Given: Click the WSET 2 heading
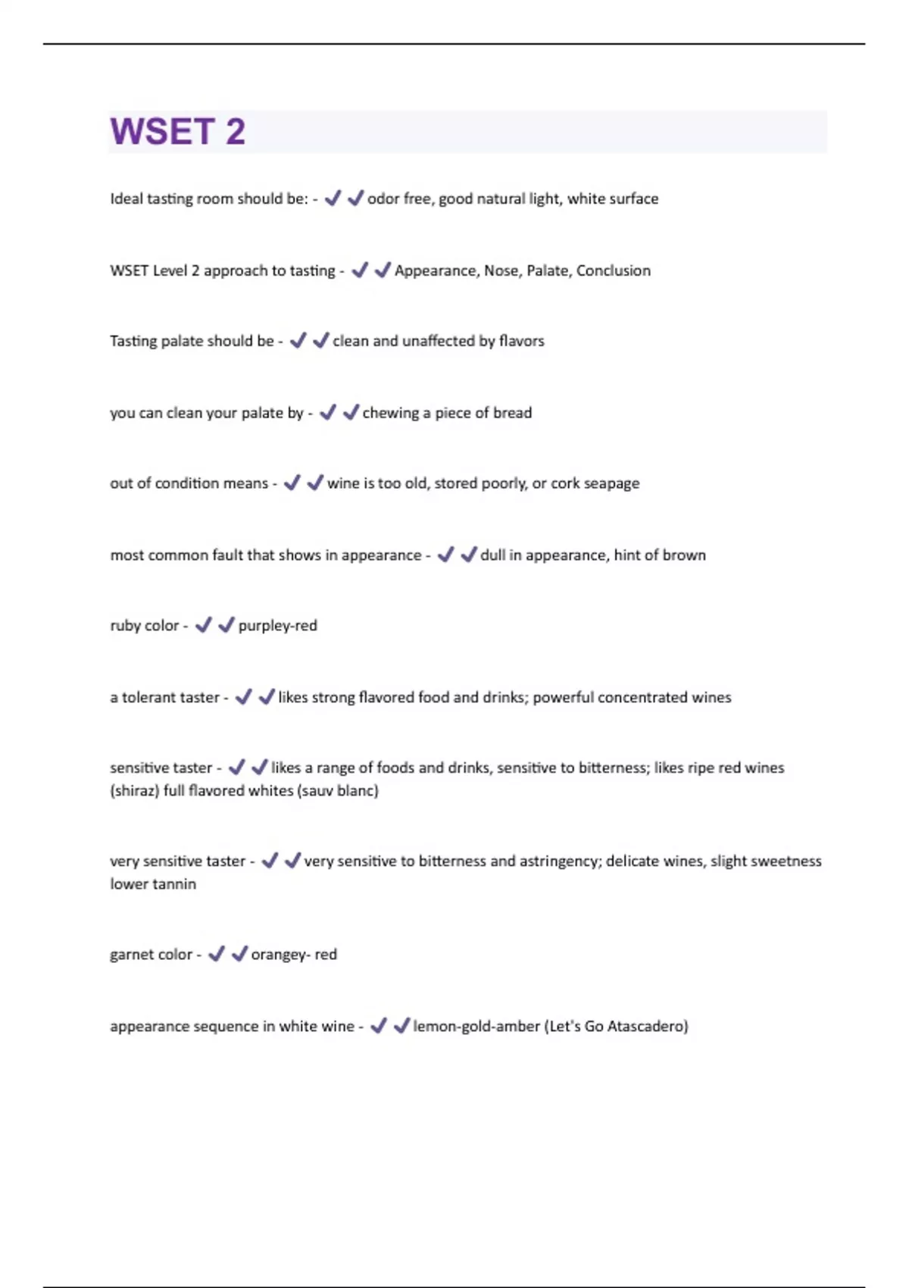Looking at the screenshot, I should click(178, 132).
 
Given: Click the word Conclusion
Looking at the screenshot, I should click(613, 270).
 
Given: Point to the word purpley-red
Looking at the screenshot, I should click(277, 626).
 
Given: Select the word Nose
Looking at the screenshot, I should click(501, 270).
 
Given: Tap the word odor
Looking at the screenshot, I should click(383, 199).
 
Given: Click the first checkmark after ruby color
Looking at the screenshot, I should click(203, 625).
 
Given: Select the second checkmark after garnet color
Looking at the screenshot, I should click(239, 954).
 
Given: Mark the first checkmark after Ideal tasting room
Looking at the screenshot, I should click(332, 199).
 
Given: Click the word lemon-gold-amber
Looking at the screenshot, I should click(476, 1026).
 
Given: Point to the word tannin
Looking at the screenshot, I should click(176, 884).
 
